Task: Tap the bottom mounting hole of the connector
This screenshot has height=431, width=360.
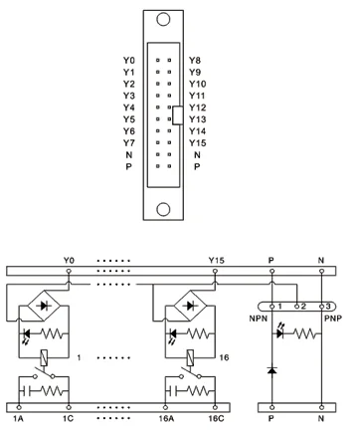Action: [x=162, y=212]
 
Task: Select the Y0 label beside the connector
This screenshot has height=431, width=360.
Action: [x=128, y=61]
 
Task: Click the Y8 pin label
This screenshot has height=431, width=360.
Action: [x=194, y=61]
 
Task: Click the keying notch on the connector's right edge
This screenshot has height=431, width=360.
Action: [x=178, y=113]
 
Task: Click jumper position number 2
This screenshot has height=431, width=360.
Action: [x=302, y=305]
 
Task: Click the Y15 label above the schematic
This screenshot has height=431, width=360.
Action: [x=216, y=261]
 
